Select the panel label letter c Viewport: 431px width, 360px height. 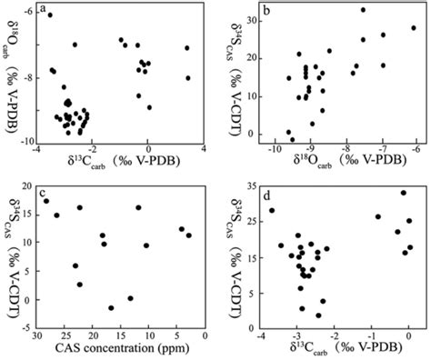point(43,194)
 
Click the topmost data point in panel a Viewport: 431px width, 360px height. point(50,15)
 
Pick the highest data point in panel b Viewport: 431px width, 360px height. point(363,10)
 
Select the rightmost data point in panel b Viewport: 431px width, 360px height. point(414,27)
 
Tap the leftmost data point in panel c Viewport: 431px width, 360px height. point(45,201)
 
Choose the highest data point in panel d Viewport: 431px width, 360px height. point(403,193)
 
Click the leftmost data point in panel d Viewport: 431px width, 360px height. point(271,211)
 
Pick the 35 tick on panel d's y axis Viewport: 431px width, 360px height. point(240,186)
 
